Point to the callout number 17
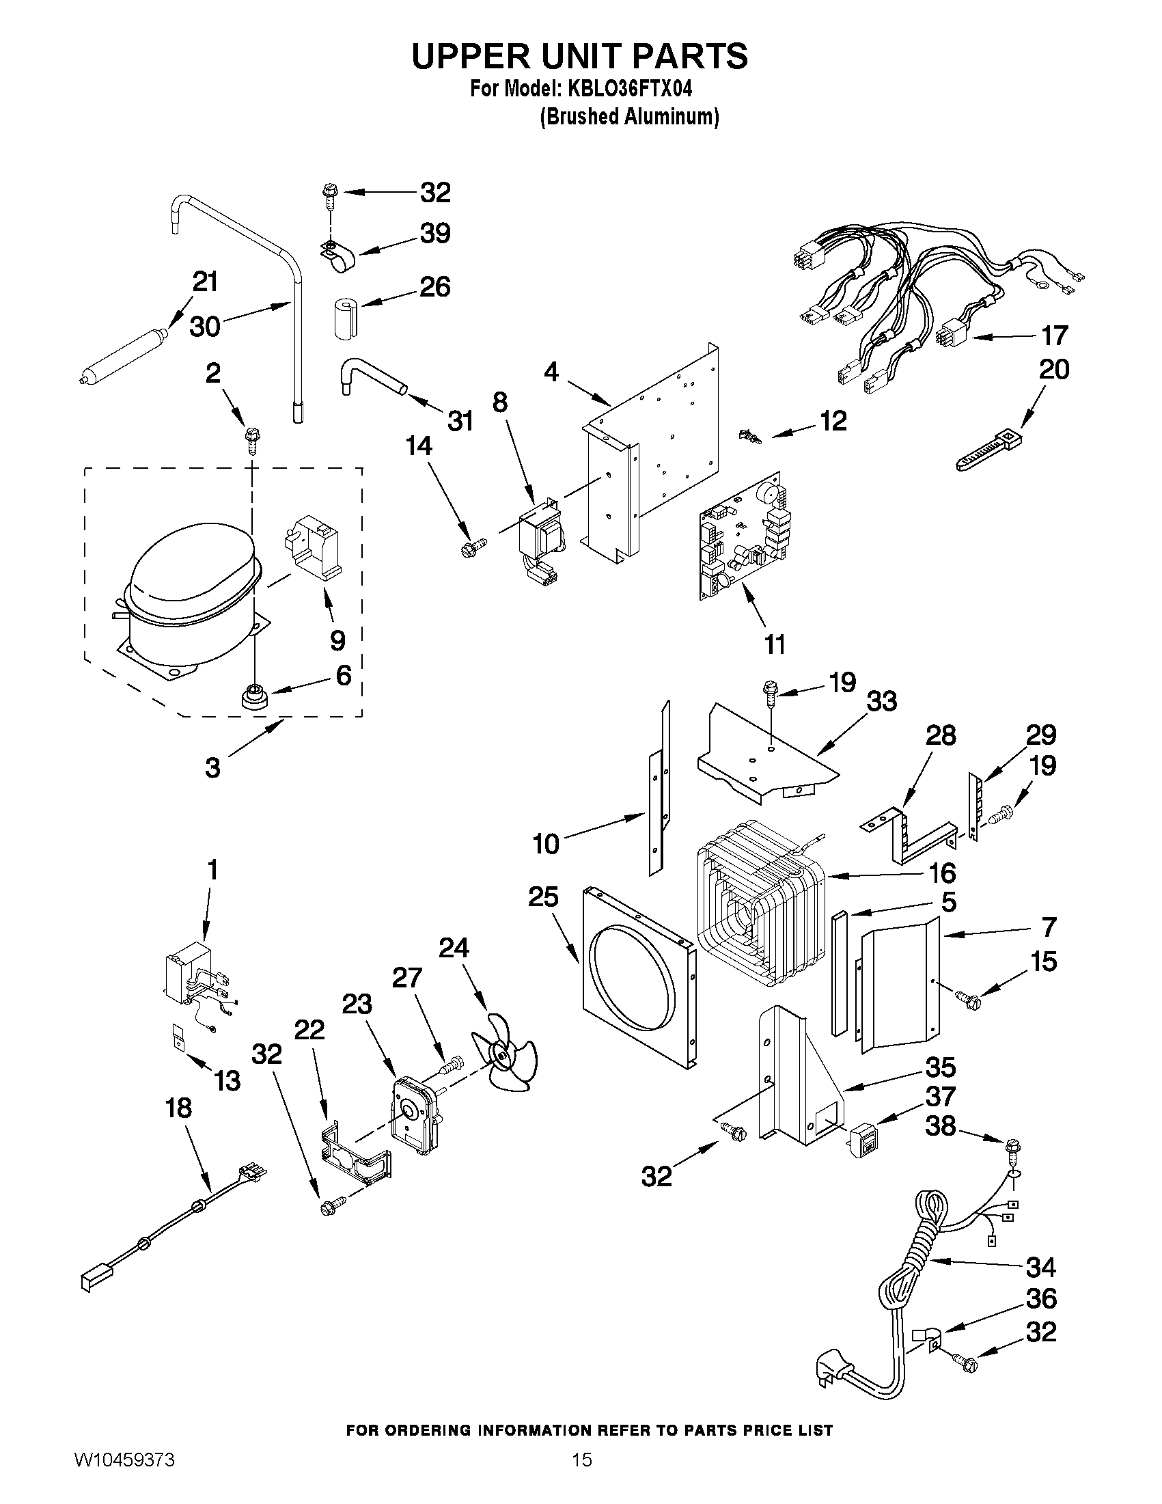1053,337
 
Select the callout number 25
543,897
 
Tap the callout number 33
882,702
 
